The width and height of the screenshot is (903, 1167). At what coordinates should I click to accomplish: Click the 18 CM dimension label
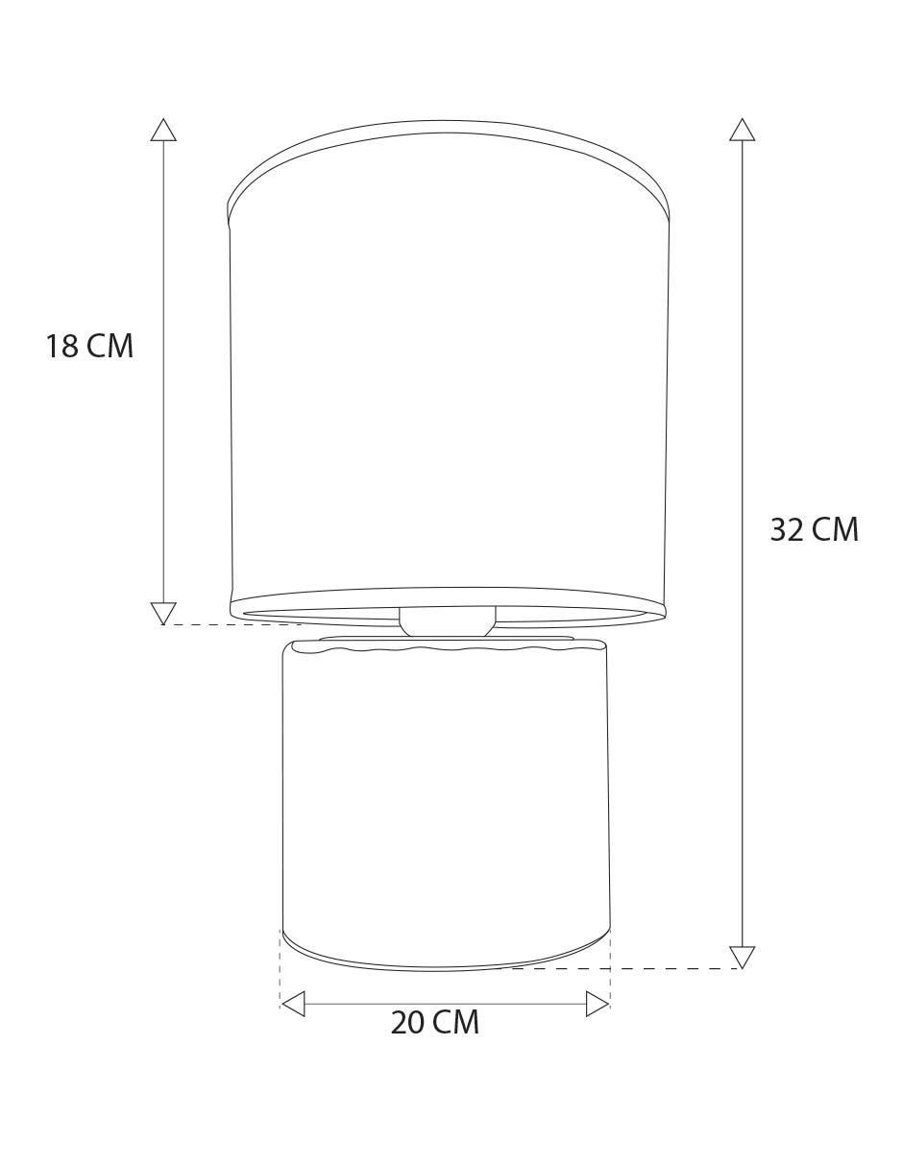pos(89,346)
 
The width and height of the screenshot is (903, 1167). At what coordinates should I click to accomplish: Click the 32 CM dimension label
pos(814,529)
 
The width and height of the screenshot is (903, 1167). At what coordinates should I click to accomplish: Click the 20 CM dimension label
pos(434,1023)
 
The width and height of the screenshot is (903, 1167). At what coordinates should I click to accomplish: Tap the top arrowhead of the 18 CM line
pos(163,130)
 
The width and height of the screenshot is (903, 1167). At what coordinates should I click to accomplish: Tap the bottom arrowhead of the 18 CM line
pos(163,614)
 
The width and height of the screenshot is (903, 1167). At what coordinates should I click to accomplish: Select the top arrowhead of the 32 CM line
pos(742,130)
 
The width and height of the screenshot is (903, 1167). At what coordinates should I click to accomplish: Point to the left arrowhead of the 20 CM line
pos(293,1003)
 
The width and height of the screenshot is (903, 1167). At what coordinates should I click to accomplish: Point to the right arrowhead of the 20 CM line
pos(597,1003)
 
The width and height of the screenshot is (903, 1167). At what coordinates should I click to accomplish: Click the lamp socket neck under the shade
pos(447,621)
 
